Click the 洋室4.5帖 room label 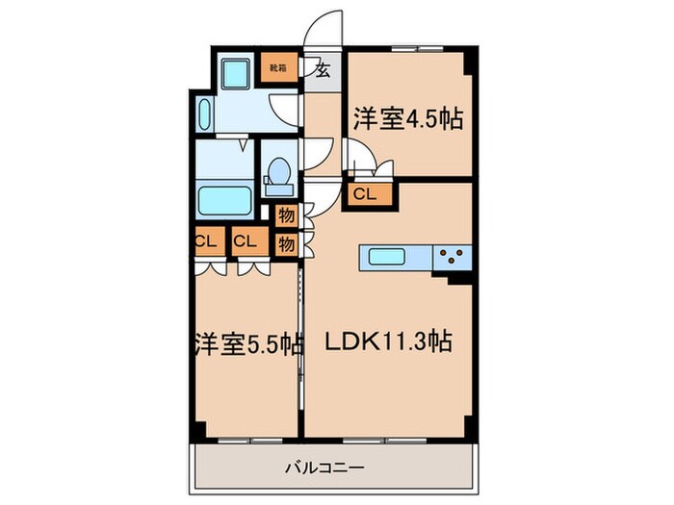(408, 119)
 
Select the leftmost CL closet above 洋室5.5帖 (204, 241)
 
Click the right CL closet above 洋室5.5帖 (246, 241)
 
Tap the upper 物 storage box (285, 216)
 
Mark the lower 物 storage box (285, 243)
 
